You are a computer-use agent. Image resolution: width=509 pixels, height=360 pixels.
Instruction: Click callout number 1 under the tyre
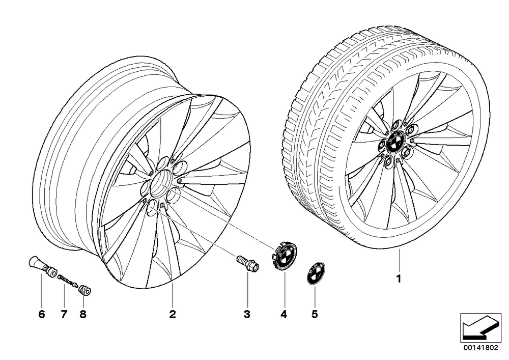(x=399, y=279)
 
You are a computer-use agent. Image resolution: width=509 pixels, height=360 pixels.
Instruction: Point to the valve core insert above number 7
(x=68, y=281)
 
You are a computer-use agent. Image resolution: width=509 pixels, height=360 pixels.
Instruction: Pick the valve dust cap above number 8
(x=85, y=289)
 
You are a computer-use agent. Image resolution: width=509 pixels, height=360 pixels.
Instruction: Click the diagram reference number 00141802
(x=480, y=348)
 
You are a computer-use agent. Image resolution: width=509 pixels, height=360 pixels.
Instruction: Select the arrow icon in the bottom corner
(x=480, y=327)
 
